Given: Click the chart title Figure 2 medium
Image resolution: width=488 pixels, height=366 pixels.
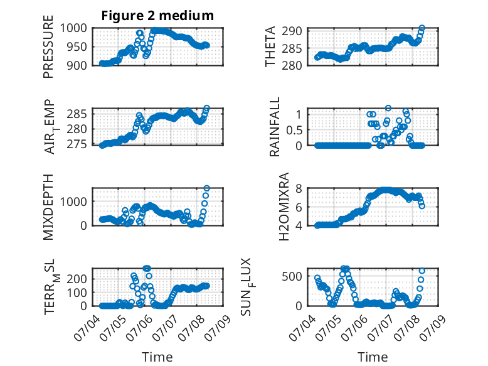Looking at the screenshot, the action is [x=157, y=15].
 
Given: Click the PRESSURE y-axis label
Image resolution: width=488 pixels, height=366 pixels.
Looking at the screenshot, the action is [x=48, y=46].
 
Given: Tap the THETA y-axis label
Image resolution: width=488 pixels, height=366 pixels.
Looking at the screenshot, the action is [x=270, y=46].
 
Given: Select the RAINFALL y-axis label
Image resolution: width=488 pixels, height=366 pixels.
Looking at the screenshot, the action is [x=275, y=126].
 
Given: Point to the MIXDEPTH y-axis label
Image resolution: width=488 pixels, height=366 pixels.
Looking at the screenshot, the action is [x=48, y=207].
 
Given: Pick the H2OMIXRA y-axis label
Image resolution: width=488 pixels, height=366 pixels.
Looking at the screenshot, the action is [x=284, y=207].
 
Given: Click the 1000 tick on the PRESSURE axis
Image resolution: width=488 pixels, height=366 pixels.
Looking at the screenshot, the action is [x=73, y=28].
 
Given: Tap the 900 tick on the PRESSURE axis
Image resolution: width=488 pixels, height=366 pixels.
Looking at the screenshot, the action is [x=77, y=65].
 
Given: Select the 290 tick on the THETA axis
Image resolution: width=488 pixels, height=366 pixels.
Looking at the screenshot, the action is [x=292, y=31].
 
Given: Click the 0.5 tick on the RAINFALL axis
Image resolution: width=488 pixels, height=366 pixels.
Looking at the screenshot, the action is [x=294, y=130].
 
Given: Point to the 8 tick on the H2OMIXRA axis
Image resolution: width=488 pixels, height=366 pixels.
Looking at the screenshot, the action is [x=299, y=188].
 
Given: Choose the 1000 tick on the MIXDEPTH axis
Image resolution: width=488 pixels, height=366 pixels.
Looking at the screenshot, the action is [x=73, y=202].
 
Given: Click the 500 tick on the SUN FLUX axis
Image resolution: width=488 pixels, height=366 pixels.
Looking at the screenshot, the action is [x=292, y=276].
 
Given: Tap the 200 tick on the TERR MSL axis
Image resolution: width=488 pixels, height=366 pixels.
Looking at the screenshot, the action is [x=77, y=279].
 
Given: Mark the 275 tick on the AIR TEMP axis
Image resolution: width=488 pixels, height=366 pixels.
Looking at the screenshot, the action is [x=77, y=144].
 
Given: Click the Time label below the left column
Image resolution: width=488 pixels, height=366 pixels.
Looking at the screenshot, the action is [x=157, y=357].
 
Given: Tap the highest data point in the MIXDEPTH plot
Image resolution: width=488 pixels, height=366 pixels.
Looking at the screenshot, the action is [x=206, y=188].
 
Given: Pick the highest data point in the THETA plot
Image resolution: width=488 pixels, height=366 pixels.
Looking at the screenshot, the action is [x=422, y=28].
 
